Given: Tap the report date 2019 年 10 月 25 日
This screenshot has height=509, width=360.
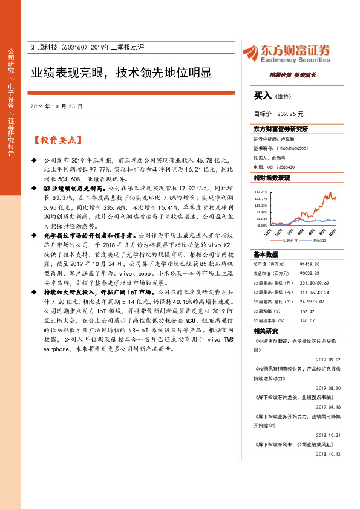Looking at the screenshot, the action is [56, 106].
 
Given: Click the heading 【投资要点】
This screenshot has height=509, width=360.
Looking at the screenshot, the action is [56, 140].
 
